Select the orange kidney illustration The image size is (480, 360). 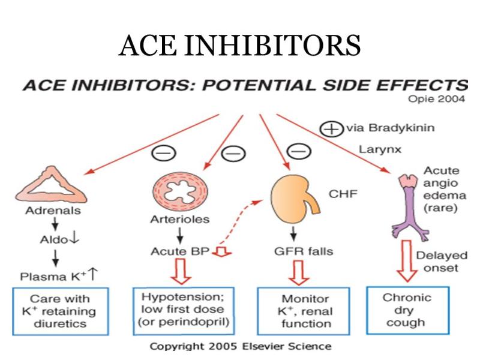pos(291,199)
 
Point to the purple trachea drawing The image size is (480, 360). pos(410,208)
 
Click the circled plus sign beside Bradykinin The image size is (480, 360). pos(331,128)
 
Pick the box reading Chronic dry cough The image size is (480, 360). pos(408,310)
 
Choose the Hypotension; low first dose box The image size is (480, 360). pos(184,311)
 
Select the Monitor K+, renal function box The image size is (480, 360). pos(304,311)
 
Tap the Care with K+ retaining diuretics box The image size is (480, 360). pos(61,311)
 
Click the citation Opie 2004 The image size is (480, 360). pos(436,99)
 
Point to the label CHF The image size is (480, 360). pos(343,194)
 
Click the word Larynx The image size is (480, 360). pos(380,149)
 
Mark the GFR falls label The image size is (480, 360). pos(304,251)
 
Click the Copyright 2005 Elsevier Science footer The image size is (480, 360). pos(241,346)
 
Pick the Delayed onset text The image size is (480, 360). pos(442,262)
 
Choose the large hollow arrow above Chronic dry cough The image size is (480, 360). pos(407,261)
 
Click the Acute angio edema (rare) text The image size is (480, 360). pos(445,189)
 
